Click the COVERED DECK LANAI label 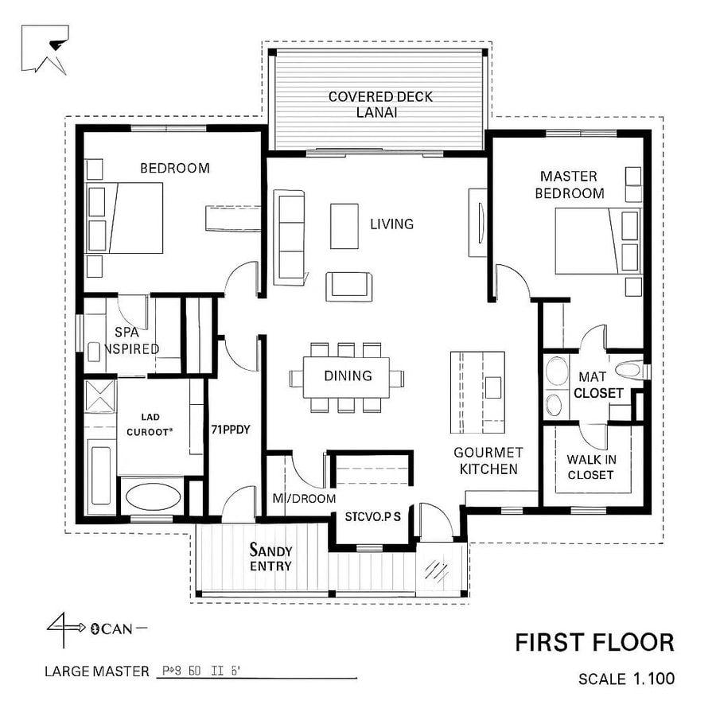(x=380, y=105)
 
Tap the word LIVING (x=391, y=224)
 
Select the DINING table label (x=348, y=376)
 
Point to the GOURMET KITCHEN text (x=488, y=461)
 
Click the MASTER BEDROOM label (x=569, y=185)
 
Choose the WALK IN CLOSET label (x=590, y=467)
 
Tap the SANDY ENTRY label (x=270, y=558)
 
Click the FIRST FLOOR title (x=594, y=642)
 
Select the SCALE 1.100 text (x=626, y=679)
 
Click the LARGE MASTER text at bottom (x=96, y=671)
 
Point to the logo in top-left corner (x=45, y=49)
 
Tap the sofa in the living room (x=290, y=236)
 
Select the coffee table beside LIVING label (x=344, y=226)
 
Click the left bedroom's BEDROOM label (x=175, y=168)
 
